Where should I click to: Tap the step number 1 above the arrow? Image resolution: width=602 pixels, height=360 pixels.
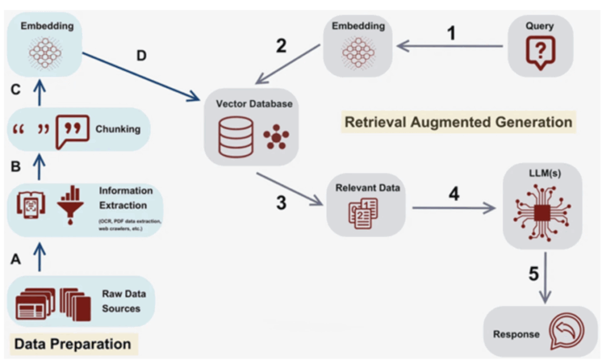[451, 34]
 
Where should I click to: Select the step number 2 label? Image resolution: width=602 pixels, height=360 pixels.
[282, 46]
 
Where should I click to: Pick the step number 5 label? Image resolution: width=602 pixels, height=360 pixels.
[533, 274]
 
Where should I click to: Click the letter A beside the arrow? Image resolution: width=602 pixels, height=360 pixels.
[16, 259]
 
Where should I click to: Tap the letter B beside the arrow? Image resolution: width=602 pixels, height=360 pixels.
[16, 166]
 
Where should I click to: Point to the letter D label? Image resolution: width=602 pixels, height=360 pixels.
[142, 56]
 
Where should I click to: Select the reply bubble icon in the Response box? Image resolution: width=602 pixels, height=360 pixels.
[564, 334]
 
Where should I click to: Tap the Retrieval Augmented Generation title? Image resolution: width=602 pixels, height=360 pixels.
[458, 122]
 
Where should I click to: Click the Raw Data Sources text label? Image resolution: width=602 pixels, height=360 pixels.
[123, 301]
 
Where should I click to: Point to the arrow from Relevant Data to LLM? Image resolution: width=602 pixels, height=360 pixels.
[453, 208]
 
